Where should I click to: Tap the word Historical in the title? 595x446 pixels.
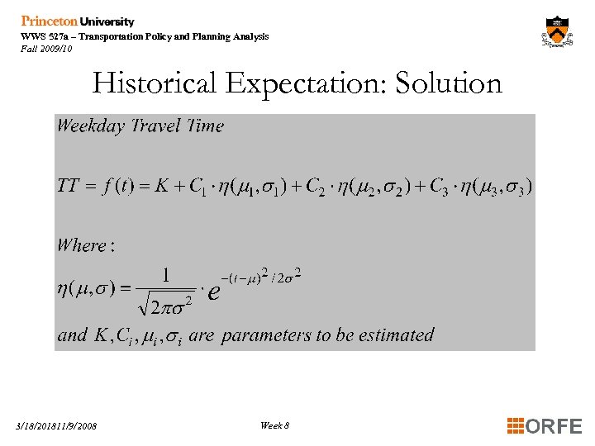155,83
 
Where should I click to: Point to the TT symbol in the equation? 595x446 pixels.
68,186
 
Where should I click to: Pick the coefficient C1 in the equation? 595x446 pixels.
196,187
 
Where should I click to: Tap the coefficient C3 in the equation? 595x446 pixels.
438,187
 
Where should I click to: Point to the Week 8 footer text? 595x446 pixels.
274,425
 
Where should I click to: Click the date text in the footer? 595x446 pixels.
56,426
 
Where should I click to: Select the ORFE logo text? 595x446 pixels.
553,426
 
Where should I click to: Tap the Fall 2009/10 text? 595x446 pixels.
46,49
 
